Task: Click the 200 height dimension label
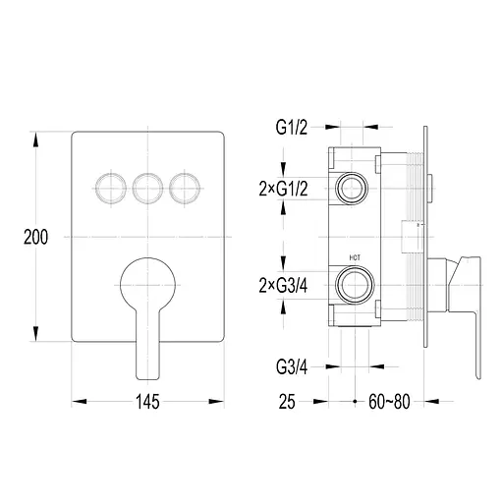pos(35,237)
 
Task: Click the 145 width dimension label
pos(147,402)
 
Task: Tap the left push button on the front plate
pos(111,189)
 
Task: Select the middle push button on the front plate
pos(147,189)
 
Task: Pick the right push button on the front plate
pos(185,189)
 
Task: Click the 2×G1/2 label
pos(283,189)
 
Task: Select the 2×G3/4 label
pos(283,286)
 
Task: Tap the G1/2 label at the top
pos(292,128)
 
